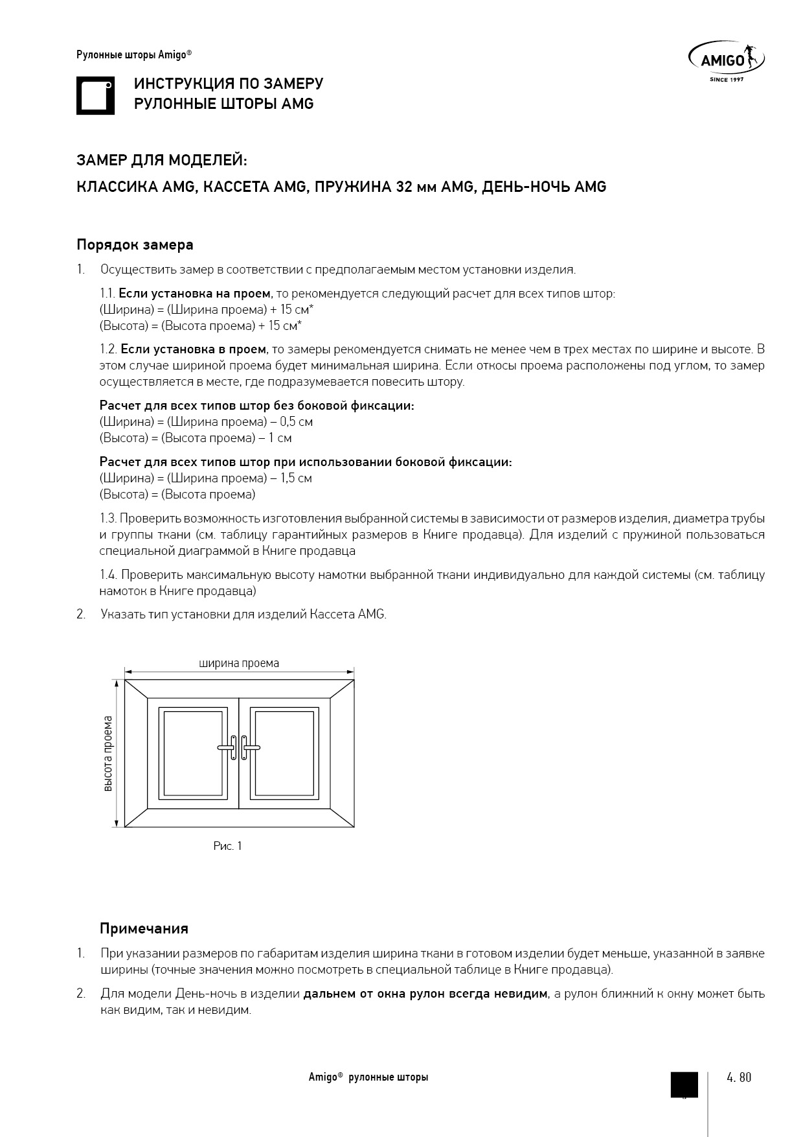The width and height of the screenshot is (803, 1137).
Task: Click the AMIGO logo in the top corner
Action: coord(725,62)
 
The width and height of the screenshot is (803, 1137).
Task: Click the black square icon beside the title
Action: coord(95,96)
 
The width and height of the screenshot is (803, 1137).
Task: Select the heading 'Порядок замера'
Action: coord(135,245)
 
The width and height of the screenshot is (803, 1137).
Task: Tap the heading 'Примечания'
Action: coord(144,928)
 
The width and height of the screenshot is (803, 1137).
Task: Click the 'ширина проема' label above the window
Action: coord(239,663)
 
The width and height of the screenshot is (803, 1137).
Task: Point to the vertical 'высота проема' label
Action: coord(108,753)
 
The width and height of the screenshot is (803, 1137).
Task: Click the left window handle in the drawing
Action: coord(229,747)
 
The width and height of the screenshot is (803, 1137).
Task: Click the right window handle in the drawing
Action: coord(248,747)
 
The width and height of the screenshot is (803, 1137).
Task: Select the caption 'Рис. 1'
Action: coord(227,846)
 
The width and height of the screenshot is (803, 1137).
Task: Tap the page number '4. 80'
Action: coord(739,1078)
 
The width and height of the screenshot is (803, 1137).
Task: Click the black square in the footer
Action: coord(684,1084)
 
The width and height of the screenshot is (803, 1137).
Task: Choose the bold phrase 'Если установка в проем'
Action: coord(193,349)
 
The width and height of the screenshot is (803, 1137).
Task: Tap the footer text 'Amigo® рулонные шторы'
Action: coord(368,1077)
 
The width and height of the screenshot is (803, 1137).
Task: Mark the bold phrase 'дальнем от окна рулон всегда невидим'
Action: coord(425,994)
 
